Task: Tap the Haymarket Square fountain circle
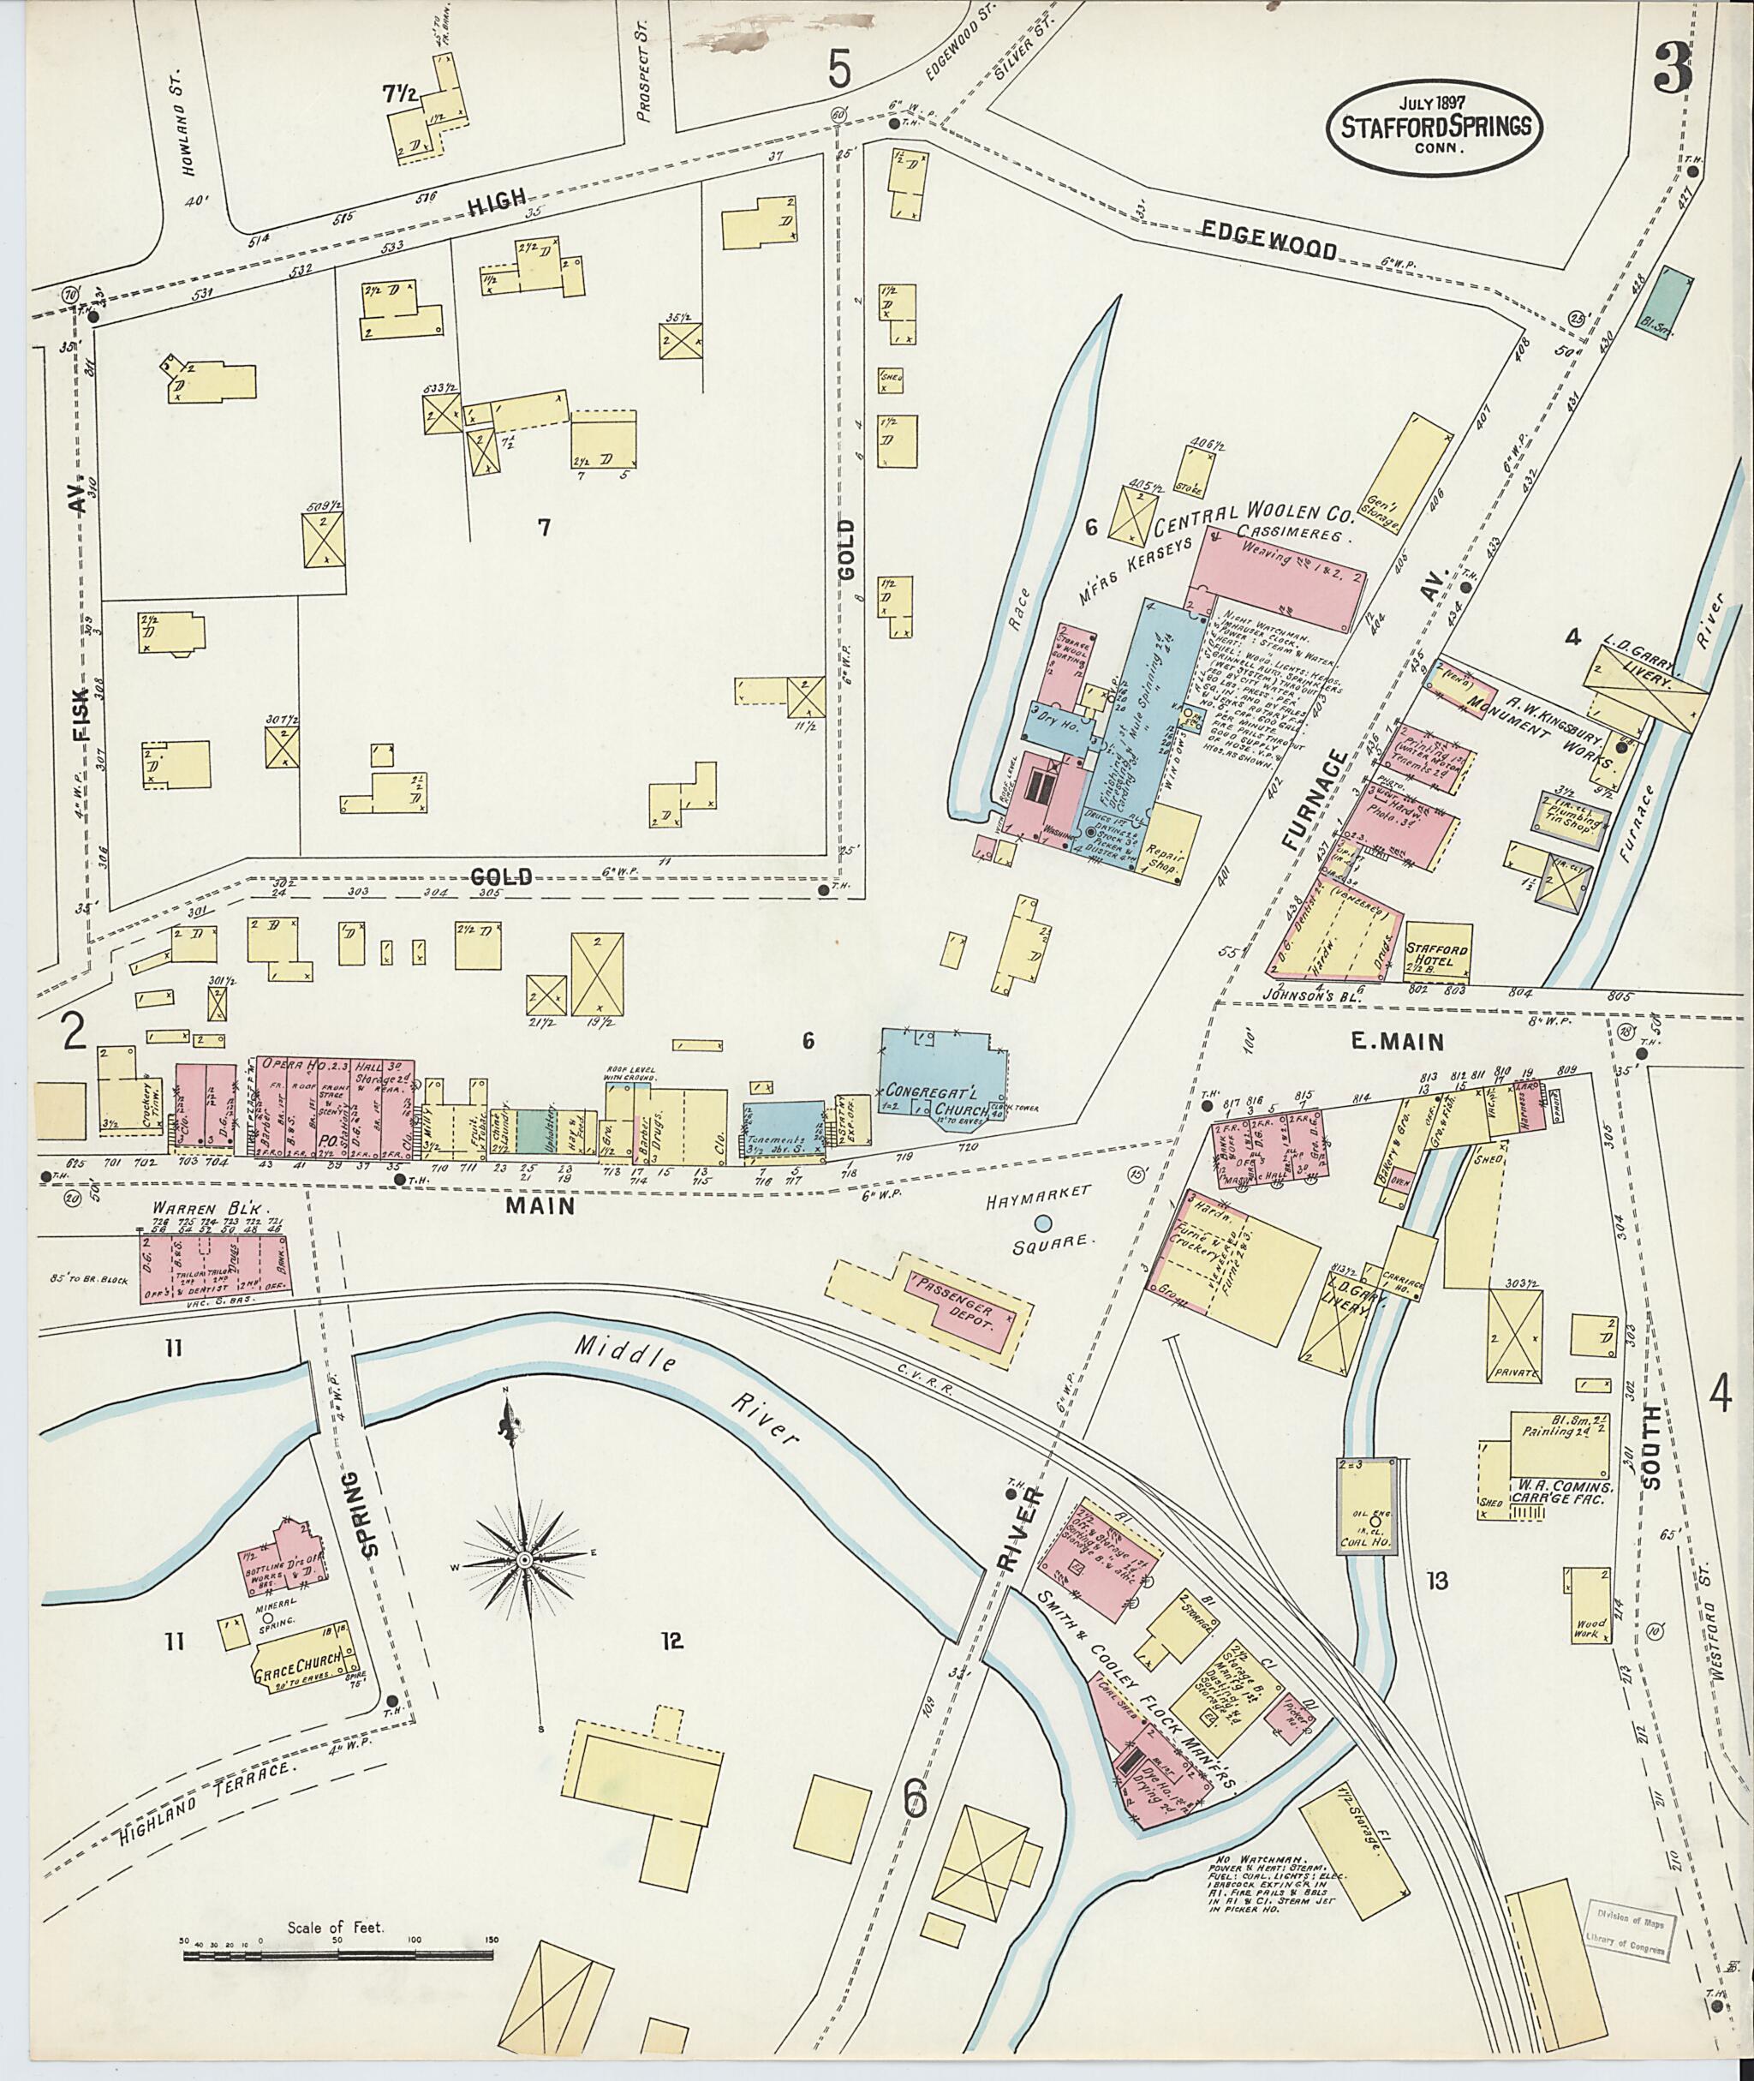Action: (1043, 1223)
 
